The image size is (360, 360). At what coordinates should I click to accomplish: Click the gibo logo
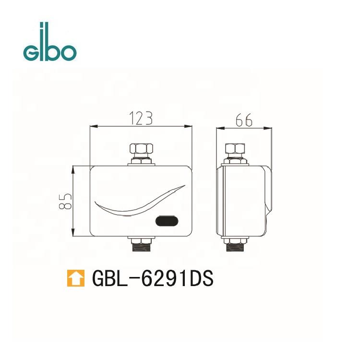click(50, 42)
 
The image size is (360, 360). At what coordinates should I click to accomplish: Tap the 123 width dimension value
click(141, 118)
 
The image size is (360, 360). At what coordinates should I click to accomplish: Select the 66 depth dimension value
click(244, 120)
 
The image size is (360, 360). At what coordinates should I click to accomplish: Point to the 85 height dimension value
click(65, 201)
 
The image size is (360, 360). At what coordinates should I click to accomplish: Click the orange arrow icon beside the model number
click(76, 278)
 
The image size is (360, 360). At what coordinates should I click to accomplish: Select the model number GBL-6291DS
click(153, 278)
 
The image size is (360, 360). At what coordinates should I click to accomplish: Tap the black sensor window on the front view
click(167, 221)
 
